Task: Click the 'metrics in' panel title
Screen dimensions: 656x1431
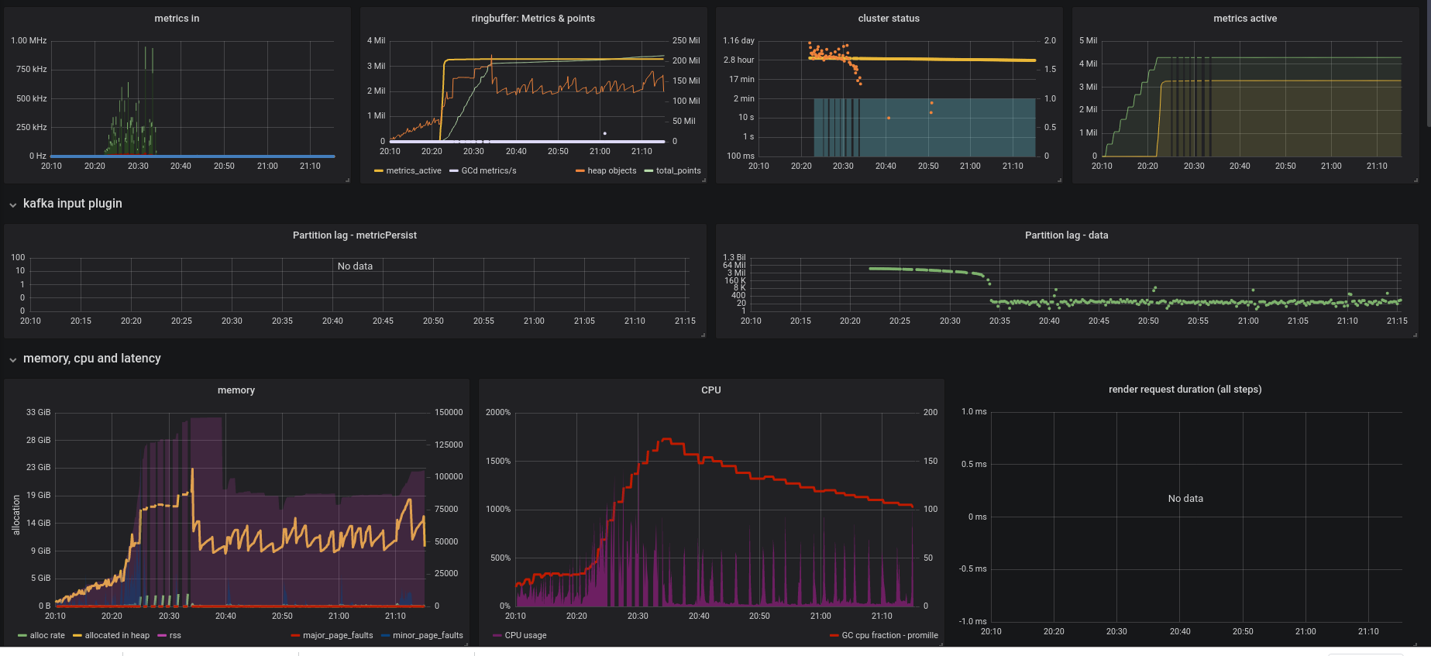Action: pos(177,19)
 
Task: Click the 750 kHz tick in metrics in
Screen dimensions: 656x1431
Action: pos(31,70)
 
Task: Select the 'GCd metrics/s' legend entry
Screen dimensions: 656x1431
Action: pos(488,171)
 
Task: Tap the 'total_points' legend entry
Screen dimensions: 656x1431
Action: pos(678,171)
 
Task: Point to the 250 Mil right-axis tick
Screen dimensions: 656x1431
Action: pos(686,40)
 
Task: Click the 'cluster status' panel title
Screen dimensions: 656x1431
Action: pos(889,19)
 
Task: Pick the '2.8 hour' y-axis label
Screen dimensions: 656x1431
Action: pos(738,60)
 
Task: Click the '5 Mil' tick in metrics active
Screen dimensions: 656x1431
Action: pos(1088,40)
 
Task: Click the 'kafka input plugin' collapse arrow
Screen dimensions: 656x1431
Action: pos(13,204)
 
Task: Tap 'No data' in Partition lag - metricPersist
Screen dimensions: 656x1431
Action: pos(355,266)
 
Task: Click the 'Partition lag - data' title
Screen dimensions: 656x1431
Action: pos(1066,235)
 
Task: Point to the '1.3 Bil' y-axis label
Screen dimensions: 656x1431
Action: pos(734,257)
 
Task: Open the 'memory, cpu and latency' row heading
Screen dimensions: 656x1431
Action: pos(91,359)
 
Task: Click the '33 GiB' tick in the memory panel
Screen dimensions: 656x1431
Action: pos(38,413)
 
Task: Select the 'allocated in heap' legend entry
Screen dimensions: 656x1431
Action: pos(117,636)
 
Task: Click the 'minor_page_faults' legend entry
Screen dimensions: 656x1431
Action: pos(428,636)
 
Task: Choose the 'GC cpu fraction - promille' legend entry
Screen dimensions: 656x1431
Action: pos(889,636)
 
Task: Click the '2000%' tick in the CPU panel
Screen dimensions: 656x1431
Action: pos(498,413)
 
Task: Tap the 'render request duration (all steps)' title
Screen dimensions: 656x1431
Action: pos(1185,390)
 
